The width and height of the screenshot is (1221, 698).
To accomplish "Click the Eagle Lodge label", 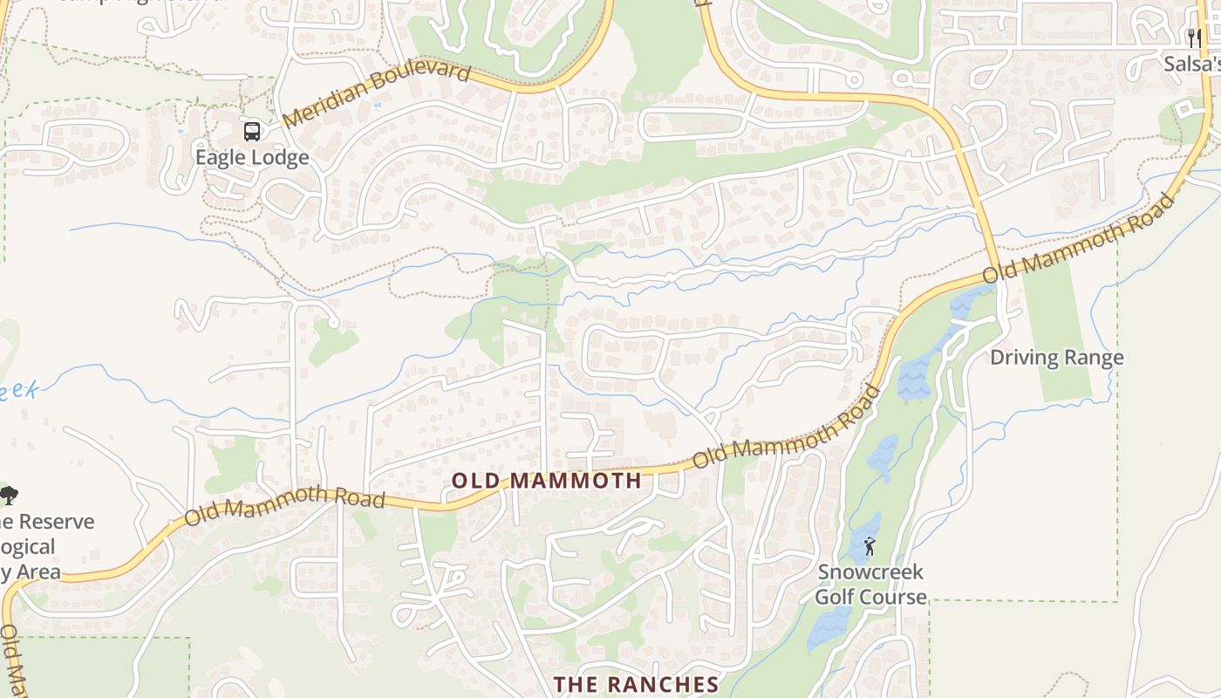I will tap(251, 157).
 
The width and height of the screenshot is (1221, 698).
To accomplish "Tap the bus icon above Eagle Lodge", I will tap(251, 132).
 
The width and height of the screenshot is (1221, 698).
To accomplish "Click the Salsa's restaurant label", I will tap(1191, 64).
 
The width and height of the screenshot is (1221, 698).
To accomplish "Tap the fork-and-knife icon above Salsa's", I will tap(1194, 38).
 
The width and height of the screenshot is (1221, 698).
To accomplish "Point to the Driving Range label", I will tap(1056, 358).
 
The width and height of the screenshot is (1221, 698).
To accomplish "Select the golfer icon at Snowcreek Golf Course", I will tap(869, 547).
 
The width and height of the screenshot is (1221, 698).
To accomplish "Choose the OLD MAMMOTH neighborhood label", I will tap(547, 480).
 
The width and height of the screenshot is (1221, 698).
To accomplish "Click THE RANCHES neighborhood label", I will tap(637, 684).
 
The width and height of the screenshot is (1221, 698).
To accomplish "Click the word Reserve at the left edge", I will tap(56, 522).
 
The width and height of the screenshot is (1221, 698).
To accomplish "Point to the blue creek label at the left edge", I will tap(17, 390).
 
